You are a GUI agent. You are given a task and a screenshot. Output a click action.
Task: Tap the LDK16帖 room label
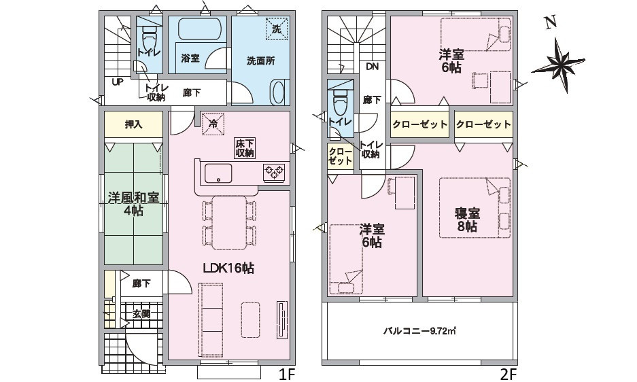pyautogui.click(x=228, y=268)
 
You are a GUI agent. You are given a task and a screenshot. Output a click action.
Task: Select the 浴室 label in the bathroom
pyautogui.click(x=190, y=58)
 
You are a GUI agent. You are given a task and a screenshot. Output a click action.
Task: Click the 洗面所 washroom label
pyautogui.click(x=261, y=61)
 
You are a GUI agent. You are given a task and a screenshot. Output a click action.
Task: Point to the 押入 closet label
pyautogui.click(x=133, y=124)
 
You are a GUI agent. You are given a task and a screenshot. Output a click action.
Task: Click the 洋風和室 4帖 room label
pyautogui.click(x=133, y=205)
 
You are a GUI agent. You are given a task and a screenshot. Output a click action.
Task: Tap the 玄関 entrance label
pyautogui.click(x=141, y=314)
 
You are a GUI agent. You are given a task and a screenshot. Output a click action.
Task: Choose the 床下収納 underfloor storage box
pyautogui.click(x=245, y=148)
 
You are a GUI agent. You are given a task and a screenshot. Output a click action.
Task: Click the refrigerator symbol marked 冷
pyautogui.click(x=213, y=124)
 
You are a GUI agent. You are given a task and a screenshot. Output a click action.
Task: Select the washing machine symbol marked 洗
pyautogui.click(x=277, y=29)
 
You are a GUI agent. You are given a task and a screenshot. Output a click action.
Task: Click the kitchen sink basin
pyautogui.click(x=218, y=174)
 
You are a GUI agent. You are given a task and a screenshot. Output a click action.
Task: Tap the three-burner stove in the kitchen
pyautogui.click(x=274, y=171)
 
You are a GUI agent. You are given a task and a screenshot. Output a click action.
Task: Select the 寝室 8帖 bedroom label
pyautogui.click(x=467, y=220)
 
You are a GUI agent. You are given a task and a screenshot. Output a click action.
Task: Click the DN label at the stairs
pyautogui.click(x=372, y=67)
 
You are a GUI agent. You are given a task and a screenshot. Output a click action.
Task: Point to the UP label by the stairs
pyautogui.click(x=118, y=82)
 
